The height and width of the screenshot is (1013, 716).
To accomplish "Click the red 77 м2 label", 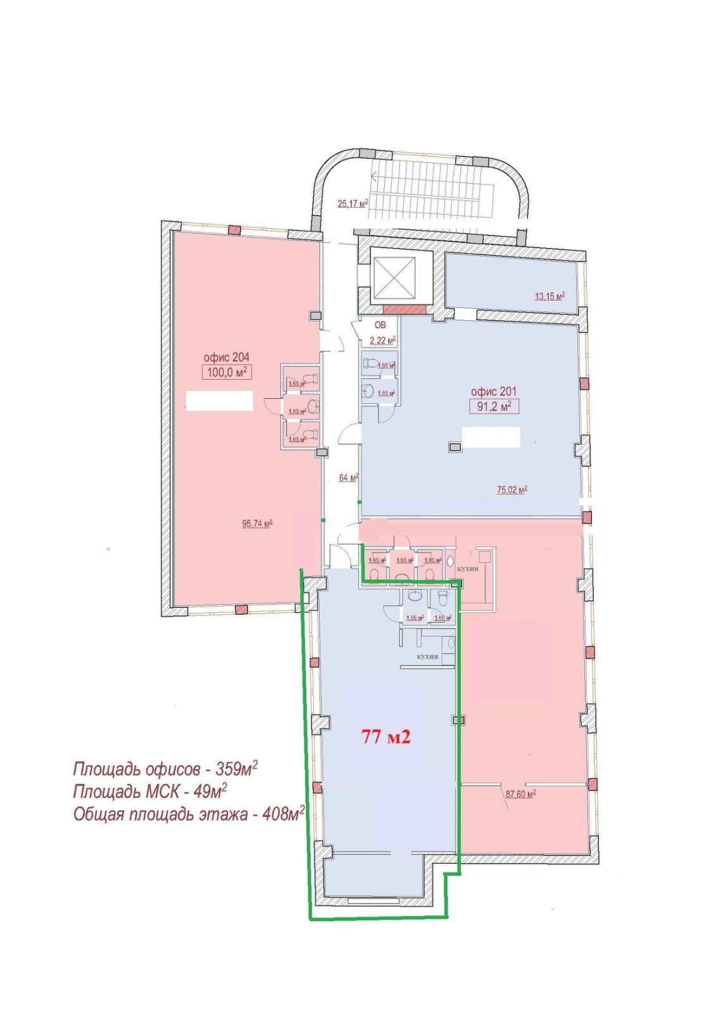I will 386,736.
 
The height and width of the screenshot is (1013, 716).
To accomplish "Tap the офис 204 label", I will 226,358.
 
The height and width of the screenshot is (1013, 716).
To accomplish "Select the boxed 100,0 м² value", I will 227,372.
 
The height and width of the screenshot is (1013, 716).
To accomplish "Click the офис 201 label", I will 493,391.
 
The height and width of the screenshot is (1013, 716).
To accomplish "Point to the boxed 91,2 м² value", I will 494,406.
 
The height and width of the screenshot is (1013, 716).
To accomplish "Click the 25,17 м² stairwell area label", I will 353,203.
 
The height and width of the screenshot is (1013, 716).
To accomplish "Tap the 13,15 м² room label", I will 549,295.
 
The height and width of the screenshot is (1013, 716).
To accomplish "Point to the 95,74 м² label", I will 257,524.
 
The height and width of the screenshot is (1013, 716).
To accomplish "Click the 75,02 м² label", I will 512,489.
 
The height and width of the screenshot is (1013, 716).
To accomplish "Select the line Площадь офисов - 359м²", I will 165,769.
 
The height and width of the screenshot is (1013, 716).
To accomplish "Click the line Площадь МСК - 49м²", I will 150,791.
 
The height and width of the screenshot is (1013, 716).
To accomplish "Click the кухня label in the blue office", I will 427,657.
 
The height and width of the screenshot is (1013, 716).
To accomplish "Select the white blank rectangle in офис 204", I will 219,400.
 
